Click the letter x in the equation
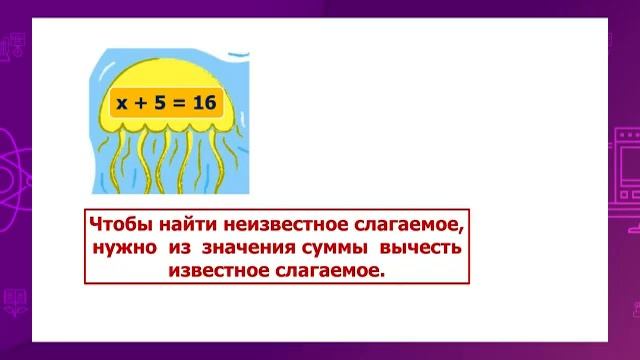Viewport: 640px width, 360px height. pyautogui.click(x=122, y=103)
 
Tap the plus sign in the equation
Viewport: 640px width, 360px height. pyautogui.click(x=142, y=103)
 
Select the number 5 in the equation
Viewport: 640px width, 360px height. pyautogui.click(x=160, y=103)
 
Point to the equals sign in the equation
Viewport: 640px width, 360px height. pyautogui.click(x=179, y=103)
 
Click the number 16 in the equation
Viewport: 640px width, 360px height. pyautogui.click(x=204, y=103)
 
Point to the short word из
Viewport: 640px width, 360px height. pyautogui.click(x=181, y=247)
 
